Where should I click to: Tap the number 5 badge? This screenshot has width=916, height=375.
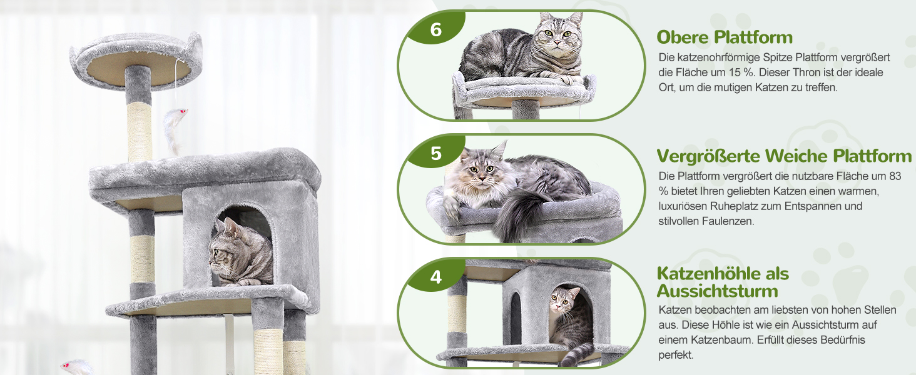click(x=436, y=153)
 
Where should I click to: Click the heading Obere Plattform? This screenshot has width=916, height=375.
click(x=725, y=37)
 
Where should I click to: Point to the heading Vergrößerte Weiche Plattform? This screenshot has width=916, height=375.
click(x=784, y=156)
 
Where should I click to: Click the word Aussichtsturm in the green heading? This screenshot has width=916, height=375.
click(x=717, y=291)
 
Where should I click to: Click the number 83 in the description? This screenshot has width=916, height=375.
click(x=895, y=176)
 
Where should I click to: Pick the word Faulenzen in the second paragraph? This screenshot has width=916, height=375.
click(x=728, y=221)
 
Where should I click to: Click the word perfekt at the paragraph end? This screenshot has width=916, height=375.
click(x=676, y=355)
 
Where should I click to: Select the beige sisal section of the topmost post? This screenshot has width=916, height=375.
click(x=140, y=131)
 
